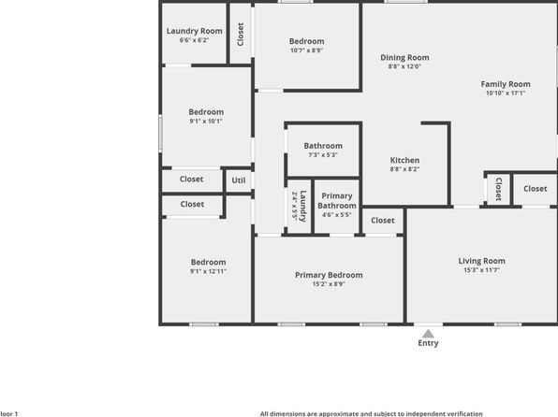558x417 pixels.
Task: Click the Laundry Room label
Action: coord(195,31)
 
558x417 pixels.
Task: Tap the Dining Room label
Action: coord(404,57)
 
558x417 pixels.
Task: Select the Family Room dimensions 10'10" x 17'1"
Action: coord(506,93)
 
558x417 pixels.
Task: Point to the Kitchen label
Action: coord(404,160)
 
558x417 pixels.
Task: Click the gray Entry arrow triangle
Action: coord(428,334)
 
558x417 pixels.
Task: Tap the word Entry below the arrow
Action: coord(428,343)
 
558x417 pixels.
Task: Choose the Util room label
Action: coord(239,180)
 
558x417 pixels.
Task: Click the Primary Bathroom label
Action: coord(337,201)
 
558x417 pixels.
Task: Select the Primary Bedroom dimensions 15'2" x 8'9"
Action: coord(329,284)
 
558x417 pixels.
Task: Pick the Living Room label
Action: coord(481,261)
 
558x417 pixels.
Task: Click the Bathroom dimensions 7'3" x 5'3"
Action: coord(323,155)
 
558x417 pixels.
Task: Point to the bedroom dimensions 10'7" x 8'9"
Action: coord(306,50)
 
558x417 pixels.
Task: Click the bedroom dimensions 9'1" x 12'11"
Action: coord(208,271)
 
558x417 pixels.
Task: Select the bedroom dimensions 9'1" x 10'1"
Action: coord(206,122)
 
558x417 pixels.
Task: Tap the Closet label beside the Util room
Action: coord(191,179)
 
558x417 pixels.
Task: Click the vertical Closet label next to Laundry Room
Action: coord(241,35)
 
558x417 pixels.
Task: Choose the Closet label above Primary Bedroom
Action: coord(383,221)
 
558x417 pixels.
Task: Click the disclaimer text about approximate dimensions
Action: coord(371,414)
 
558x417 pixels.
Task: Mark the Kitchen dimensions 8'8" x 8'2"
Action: coord(404,169)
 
